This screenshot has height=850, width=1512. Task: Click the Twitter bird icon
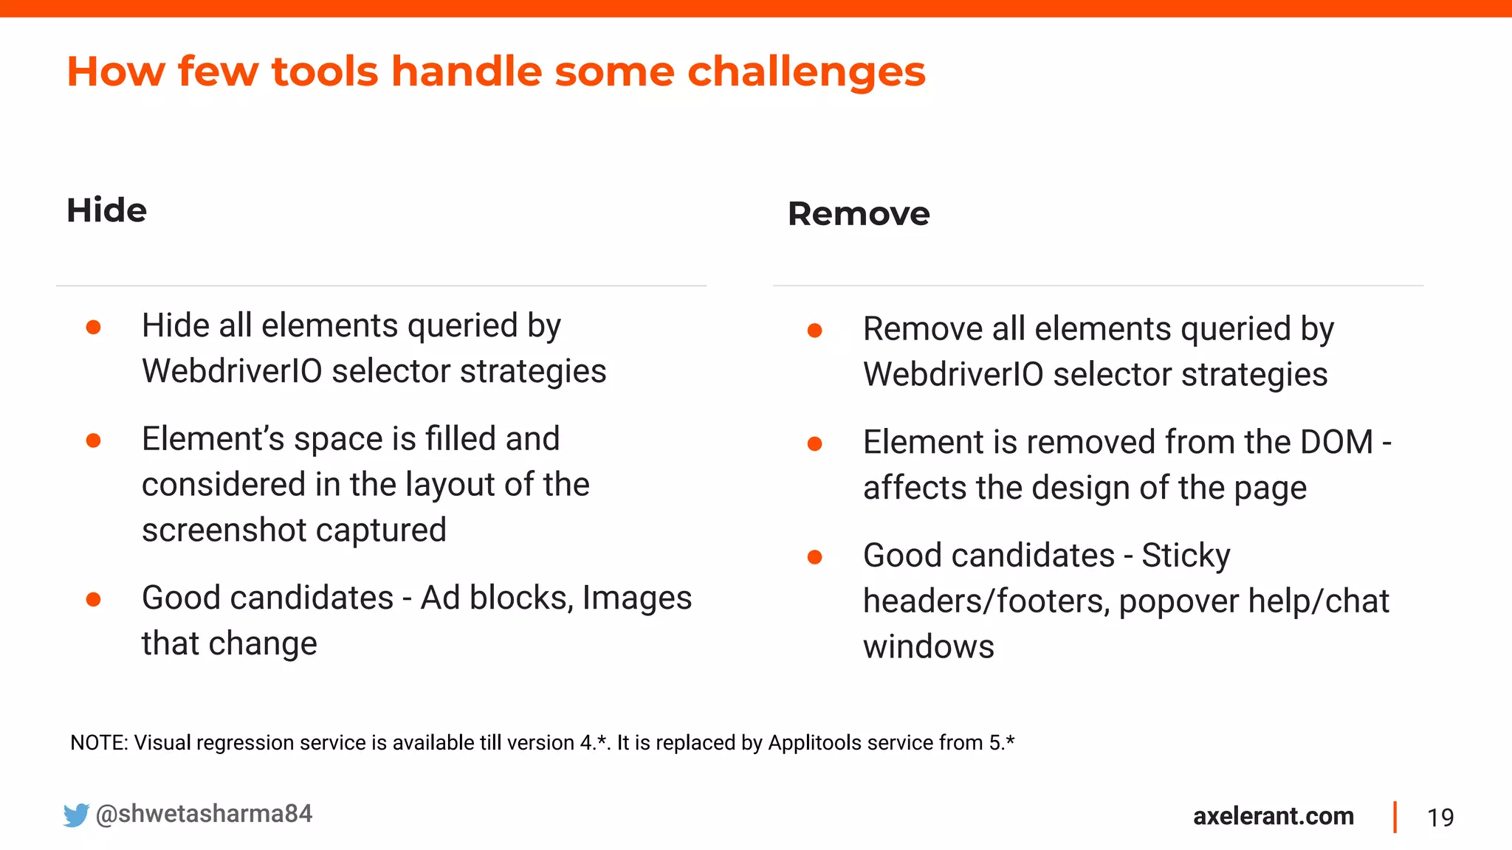pyautogui.click(x=76, y=815)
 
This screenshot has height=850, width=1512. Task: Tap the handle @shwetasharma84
pyautogui.click(x=204, y=813)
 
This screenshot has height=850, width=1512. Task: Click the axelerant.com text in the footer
pyautogui.click(x=1273, y=816)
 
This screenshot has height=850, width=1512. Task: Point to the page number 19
pyautogui.click(x=1440, y=818)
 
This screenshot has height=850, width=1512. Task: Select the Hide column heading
pyautogui.click(x=106, y=210)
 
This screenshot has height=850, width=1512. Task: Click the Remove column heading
pyautogui.click(x=858, y=214)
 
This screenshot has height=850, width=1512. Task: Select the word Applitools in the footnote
pyautogui.click(x=814, y=742)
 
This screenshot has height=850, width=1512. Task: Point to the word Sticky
pyautogui.click(x=1186, y=556)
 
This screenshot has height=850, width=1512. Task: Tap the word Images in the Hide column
pyautogui.click(x=636, y=598)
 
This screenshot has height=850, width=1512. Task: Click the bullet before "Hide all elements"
pyautogui.click(x=93, y=327)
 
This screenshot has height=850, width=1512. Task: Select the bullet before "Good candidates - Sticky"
pyautogui.click(x=814, y=557)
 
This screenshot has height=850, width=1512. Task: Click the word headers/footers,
pyautogui.click(x=986, y=601)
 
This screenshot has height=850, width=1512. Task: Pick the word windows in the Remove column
pyautogui.click(x=928, y=647)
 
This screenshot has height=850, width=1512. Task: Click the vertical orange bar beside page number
pyautogui.click(x=1395, y=817)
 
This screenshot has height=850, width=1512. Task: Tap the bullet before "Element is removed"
pyautogui.click(x=814, y=443)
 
